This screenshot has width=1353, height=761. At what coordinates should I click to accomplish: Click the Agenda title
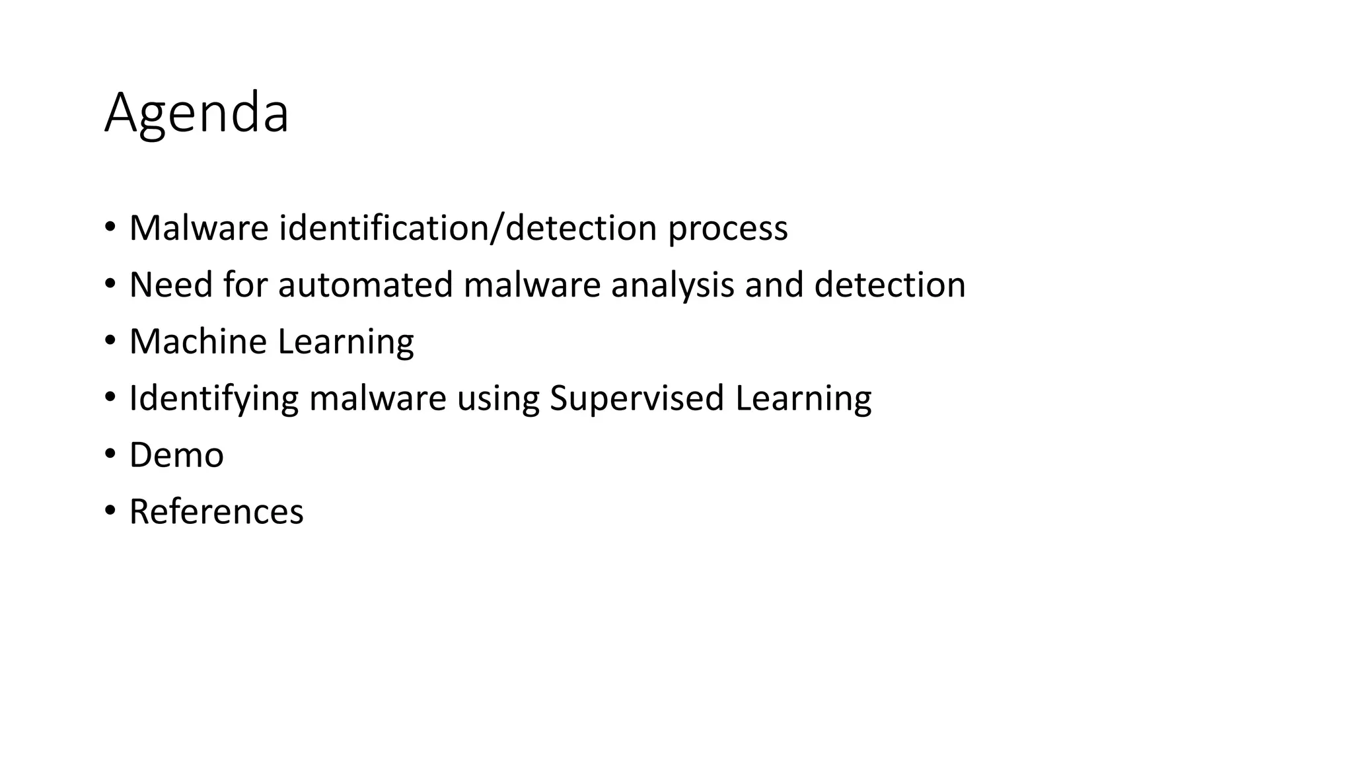point(196,114)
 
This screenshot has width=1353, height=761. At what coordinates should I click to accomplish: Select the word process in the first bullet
point(727,229)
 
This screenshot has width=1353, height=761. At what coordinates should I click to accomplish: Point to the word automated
point(365,285)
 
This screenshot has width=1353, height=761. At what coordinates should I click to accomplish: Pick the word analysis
point(673,286)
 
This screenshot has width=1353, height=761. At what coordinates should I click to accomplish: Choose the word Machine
point(198,342)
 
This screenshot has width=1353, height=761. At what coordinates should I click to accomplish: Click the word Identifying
point(213,399)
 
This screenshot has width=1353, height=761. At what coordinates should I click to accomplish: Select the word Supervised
point(637,399)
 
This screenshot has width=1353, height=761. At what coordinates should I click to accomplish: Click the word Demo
point(176,455)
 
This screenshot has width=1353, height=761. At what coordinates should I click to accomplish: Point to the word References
point(216,512)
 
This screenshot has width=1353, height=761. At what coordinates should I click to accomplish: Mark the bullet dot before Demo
point(110,454)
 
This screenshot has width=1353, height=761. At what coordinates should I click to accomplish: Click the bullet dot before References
point(110,511)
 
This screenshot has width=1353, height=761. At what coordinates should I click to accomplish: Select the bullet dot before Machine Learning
point(110,340)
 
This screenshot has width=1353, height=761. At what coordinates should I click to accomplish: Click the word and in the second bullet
point(774,285)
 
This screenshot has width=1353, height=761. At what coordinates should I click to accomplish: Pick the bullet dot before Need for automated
point(110,283)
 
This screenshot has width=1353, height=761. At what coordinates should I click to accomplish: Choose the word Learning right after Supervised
point(803,399)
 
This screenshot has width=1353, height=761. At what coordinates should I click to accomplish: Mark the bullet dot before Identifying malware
point(110,397)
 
